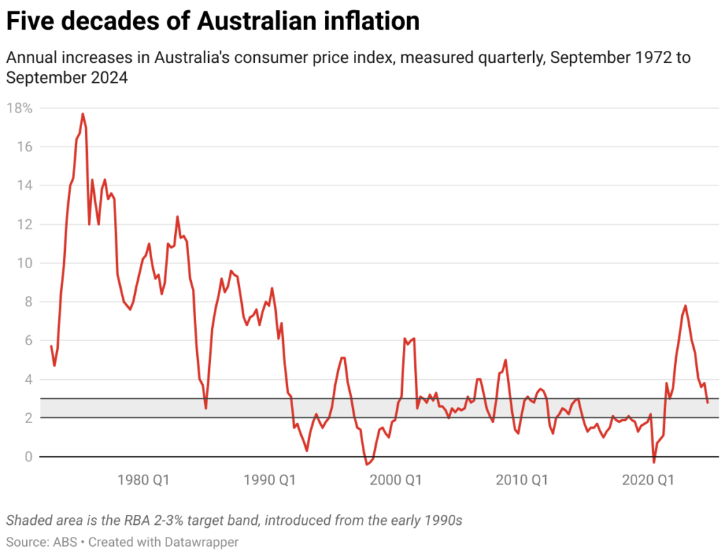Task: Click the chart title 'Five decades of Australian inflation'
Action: coord(212,21)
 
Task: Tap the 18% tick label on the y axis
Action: coord(20,108)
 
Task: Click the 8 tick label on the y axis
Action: coord(28,302)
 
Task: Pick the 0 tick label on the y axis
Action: coord(28,457)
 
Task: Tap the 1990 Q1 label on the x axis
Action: coord(270,481)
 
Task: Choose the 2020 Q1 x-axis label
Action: coord(648,481)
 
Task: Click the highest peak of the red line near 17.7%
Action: coord(83,114)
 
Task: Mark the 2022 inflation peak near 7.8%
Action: coord(685,306)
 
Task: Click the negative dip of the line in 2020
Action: coord(654,463)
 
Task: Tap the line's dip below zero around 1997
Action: coord(367,465)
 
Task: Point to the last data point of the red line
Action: coord(707,402)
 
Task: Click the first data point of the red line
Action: coord(51,346)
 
